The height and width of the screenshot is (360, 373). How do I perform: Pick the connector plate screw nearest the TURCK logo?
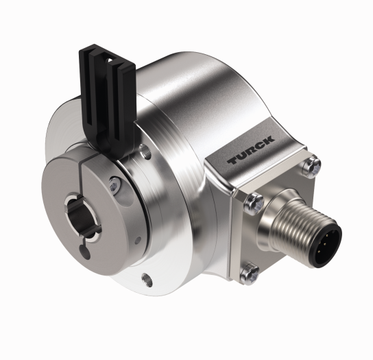(254, 200)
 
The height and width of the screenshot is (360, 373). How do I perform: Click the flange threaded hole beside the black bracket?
(146, 149)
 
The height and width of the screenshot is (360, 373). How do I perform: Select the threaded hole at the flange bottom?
(145, 278)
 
